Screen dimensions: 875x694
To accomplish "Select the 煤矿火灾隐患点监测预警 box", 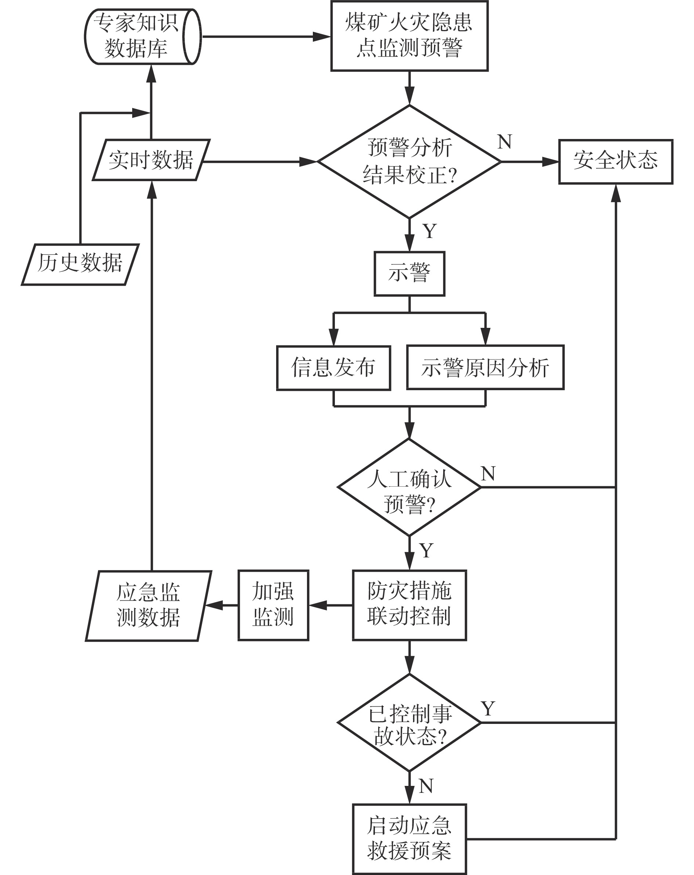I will click(409, 36).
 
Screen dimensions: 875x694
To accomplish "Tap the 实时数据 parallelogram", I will click(151, 160).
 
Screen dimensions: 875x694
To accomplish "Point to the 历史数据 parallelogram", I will click(80, 264).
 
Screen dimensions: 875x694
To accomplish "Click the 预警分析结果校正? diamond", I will click(409, 161).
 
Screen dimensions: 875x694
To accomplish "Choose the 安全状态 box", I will click(615, 161).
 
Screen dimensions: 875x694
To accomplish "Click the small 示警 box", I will click(409, 274).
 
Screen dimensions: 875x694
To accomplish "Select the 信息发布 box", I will click(333, 368).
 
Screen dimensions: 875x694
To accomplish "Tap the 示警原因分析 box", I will click(485, 368).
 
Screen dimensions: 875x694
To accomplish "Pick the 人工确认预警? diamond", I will click(409, 487).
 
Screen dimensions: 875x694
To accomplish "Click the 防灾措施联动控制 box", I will click(409, 605).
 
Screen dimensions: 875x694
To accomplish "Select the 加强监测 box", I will click(273, 605).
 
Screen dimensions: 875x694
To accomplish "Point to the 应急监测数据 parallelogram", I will click(148, 605).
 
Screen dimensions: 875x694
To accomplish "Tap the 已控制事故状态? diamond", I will click(409, 722).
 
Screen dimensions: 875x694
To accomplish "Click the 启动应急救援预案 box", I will click(409, 838).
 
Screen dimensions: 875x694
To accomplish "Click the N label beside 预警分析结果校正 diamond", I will click(504, 142).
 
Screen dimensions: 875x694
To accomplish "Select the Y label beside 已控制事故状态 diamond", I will click(488, 709).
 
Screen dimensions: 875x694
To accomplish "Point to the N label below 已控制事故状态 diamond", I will click(426, 787).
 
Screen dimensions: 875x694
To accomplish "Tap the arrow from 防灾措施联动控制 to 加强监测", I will click(330, 605).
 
